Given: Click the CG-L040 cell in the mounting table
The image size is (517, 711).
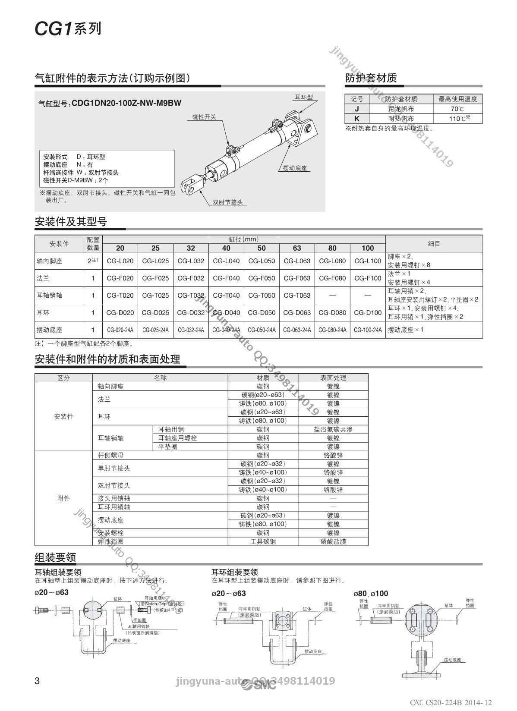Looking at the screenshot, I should [x=226, y=261].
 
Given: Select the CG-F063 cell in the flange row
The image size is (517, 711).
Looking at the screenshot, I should [x=297, y=278].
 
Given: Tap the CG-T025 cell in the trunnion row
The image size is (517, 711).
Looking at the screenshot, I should [x=155, y=296].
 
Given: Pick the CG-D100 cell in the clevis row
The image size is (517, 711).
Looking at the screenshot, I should [x=368, y=313].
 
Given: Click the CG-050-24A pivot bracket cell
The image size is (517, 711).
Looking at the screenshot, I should [x=262, y=330].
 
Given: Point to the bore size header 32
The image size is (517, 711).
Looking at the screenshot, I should [x=191, y=248].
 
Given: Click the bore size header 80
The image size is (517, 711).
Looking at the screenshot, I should [x=332, y=248].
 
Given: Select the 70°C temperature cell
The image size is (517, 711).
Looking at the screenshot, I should [x=457, y=109].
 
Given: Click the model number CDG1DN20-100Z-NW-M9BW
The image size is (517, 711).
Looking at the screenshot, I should [x=126, y=103].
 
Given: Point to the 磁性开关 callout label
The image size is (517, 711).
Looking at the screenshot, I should [x=204, y=117].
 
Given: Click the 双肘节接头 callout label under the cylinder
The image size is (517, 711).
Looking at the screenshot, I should [x=228, y=202].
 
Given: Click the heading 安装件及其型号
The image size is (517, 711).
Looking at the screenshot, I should [x=71, y=222].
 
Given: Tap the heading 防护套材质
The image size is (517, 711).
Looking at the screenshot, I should [x=371, y=78].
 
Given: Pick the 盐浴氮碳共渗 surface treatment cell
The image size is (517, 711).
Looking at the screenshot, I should [x=333, y=430].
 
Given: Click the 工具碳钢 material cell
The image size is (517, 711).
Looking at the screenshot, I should [x=263, y=541].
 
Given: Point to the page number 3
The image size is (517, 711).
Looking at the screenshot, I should [x=37, y=681].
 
